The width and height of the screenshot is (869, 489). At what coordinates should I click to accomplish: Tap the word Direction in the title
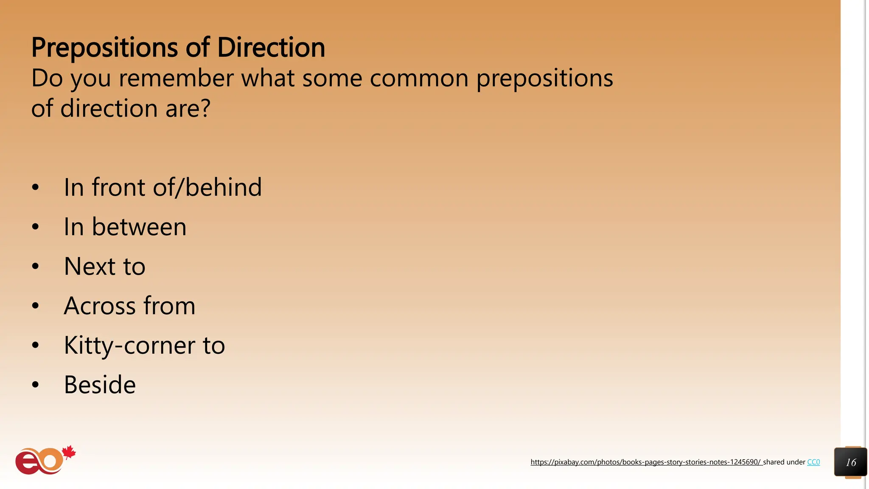click(271, 48)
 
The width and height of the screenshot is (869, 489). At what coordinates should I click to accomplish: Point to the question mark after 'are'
click(205, 108)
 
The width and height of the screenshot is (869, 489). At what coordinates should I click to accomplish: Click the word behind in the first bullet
click(224, 187)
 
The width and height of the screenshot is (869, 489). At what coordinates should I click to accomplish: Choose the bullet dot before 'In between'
click(35, 227)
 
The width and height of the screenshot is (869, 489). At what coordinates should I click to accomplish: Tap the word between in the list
click(139, 227)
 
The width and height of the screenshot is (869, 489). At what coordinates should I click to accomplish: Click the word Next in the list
click(90, 266)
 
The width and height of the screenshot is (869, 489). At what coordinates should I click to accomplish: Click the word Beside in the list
click(100, 385)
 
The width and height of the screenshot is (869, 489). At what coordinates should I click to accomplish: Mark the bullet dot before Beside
click(35, 385)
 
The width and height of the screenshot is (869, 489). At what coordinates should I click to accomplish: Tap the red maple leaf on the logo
click(69, 452)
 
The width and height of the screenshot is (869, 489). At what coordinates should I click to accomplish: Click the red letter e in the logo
click(26, 463)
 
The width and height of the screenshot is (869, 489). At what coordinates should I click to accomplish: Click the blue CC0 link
click(813, 462)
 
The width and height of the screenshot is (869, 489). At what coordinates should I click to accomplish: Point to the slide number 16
click(850, 462)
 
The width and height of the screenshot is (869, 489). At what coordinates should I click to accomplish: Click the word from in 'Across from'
click(169, 306)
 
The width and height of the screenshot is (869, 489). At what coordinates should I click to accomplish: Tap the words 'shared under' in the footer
click(784, 462)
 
